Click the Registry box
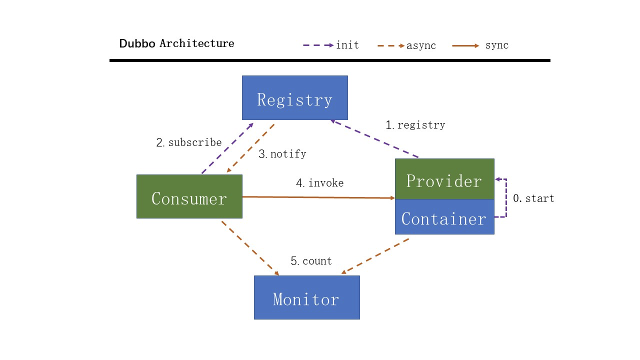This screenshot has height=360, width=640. [x=295, y=97]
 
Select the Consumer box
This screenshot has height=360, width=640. [x=189, y=196]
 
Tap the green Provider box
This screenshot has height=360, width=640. [x=444, y=179]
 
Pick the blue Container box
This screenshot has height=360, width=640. [x=444, y=217]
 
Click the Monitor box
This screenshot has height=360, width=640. [x=307, y=297]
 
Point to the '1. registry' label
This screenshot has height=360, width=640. [x=415, y=125]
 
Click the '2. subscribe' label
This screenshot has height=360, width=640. [x=189, y=142]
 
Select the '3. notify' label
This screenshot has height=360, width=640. [x=282, y=154]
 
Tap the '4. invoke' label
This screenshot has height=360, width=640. [x=319, y=183]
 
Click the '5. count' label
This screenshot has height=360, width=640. [x=311, y=261]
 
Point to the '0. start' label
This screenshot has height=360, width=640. [x=533, y=198]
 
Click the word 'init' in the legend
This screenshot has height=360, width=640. [x=347, y=45]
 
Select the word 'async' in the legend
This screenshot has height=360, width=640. [x=421, y=45]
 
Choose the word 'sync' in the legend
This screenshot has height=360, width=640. [x=497, y=45]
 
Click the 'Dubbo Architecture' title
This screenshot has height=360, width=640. [x=176, y=43]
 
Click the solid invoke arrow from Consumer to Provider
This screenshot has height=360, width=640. [x=318, y=197]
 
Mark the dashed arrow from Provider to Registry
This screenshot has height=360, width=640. [x=374, y=138]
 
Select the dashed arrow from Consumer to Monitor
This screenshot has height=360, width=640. [x=250, y=248]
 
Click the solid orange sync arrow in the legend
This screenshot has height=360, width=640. [x=465, y=45]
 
